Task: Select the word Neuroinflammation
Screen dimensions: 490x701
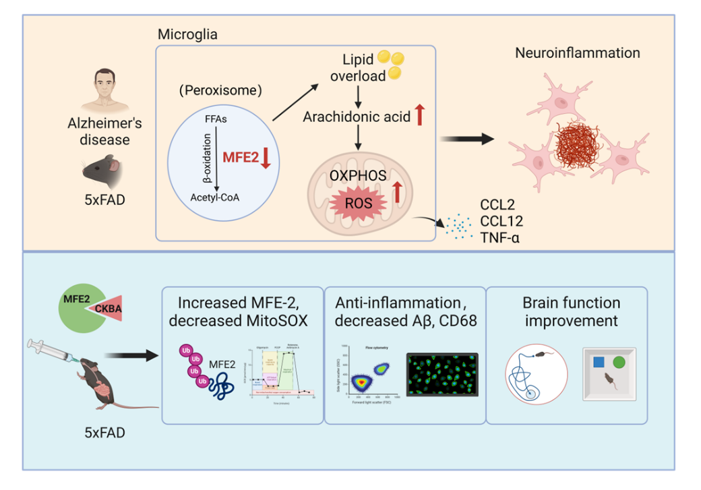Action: [x=578, y=53]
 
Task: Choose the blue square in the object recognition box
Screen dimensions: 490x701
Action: [x=598, y=362]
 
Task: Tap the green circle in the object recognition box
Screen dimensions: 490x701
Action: [x=619, y=362]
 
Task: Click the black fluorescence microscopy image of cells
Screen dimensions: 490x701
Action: [x=441, y=377]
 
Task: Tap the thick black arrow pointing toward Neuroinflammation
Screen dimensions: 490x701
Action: [x=464, y=138]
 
